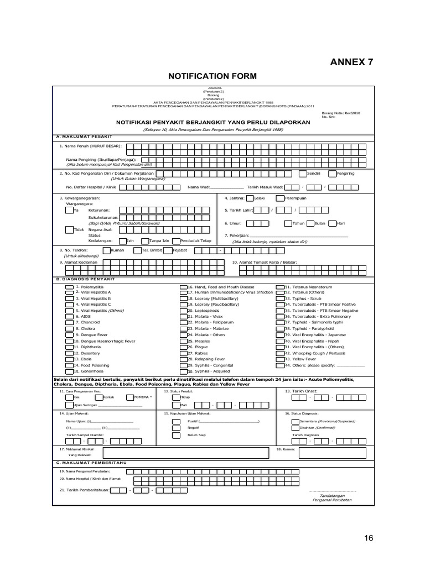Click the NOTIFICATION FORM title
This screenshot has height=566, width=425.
212,76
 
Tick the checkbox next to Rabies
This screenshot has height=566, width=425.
183,353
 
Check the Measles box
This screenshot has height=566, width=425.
183,340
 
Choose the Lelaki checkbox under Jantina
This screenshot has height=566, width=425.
250,198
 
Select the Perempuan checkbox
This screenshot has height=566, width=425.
281,198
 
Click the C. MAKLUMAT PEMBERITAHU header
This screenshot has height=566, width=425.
92,462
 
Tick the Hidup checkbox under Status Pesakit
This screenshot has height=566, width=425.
175,397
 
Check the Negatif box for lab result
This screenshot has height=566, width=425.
175,428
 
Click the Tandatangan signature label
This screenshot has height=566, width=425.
332,496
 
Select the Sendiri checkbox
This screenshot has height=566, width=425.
302,174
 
